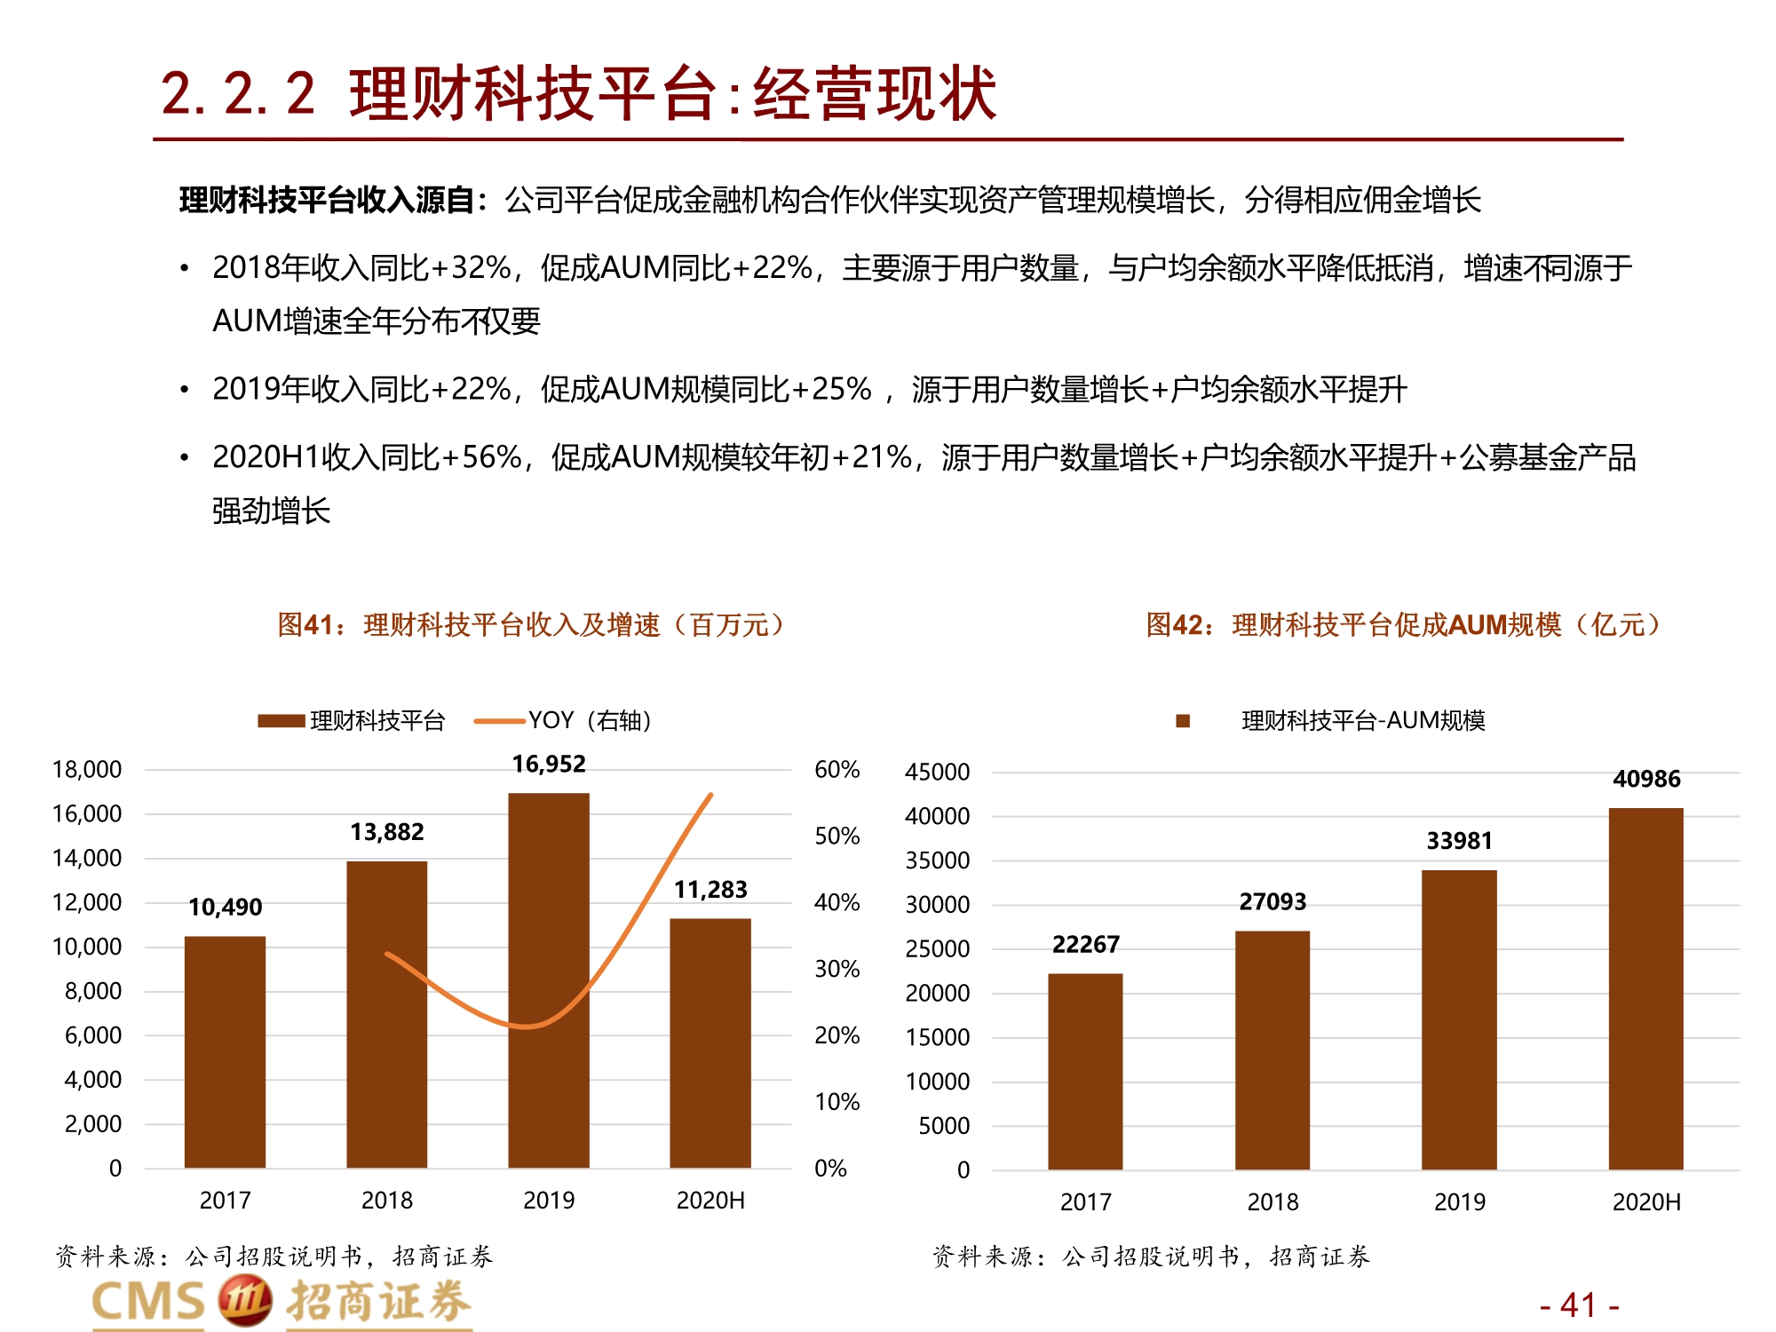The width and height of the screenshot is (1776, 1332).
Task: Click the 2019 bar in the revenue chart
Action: pyautogui.click(x=548, y=980)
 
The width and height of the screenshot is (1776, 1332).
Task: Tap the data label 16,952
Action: pyautogui.click(x=548, y=764)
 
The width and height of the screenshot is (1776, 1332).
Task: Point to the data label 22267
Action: pyautogui.click(x=1085, y=944)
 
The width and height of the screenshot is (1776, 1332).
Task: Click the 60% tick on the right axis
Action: pyautogui.click(x=836, y=769)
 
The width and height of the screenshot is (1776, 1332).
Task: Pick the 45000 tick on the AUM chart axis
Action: pyautogui.click(x=937, y=772)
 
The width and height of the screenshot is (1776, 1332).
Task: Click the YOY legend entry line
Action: pyautogui.click(x=499, y=721)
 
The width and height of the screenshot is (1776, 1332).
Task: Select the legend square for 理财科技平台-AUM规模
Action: pyautogui.click(x=1182, y=721)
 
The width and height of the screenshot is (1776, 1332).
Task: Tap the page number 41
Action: pyautogui.click(x=1579, y=1305)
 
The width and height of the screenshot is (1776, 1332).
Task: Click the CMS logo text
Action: pyautogui.click(x=148, y=1303)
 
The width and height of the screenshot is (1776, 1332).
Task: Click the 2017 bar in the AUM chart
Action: pyautogui.click(x=1085, y=1071)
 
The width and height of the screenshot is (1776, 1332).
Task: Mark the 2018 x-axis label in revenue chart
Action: pyautogui.click(x=386, y=1201)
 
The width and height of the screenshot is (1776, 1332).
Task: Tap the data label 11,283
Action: pyautogui.click(x=710, y=890)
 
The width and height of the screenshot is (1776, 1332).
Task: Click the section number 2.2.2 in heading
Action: pyautogui.click(x=238, y=93)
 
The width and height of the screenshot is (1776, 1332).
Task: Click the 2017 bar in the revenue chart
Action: pyautogui.click(x=225, y=1051)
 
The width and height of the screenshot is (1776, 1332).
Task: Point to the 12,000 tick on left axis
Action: pyautogui.click(x=87, y=902)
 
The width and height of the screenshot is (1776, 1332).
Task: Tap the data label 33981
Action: pyautogui.click(x=1459, y=840)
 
